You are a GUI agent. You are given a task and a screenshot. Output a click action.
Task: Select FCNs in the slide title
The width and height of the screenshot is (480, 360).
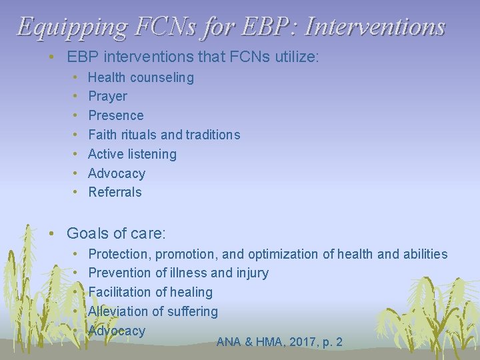pos(157,26)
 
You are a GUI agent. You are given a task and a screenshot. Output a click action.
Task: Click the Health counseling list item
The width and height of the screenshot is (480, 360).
pos(141,77)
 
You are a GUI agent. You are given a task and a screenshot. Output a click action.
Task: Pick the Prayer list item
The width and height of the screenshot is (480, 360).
pos(107,96)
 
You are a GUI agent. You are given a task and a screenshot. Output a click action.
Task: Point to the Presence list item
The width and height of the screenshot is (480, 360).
pos(115,115)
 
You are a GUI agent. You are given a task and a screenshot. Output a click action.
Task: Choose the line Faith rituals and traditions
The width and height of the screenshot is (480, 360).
pos(164,135)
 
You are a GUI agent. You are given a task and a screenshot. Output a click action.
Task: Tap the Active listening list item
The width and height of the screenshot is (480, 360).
pos(132,154)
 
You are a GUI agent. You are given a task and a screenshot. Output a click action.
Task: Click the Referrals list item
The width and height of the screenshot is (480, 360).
pos(115,192)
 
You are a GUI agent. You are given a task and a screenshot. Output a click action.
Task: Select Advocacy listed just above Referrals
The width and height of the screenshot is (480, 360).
pos(117,173)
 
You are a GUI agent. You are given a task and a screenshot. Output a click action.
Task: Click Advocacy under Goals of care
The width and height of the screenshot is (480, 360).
pos(117,331)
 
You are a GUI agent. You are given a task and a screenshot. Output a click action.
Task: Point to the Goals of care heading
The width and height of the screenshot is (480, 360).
pos(116,233)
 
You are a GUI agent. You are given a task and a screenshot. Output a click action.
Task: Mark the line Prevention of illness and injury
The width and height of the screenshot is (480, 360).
pos(178,273)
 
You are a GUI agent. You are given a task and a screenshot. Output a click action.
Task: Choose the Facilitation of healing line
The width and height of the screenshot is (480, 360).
pos(150,292)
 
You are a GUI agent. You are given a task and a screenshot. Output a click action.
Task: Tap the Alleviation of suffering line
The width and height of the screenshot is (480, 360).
pos(153,311)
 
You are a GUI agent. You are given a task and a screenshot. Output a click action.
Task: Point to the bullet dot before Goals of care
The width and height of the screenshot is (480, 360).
pos(51,233)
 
